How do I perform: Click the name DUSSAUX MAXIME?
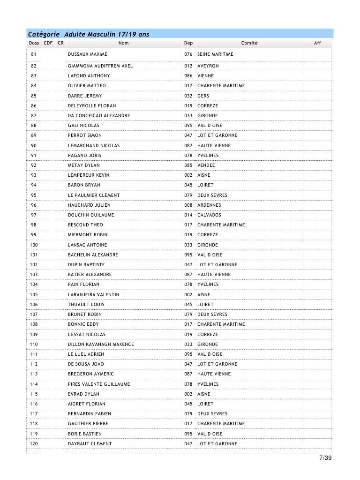coord(88,54)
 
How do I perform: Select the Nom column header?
coord(123,43)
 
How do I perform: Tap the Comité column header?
coord(249,43)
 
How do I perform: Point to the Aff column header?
coord(317,43)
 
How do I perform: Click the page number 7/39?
coord(324,458)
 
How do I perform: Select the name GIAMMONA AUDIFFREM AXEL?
coord(100,66)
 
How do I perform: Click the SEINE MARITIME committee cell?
coord(215,54)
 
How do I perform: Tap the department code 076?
coord(188,54)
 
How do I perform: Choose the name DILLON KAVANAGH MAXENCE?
coord(101,344)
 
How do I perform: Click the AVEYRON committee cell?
coord(208,66)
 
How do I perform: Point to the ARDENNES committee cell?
coord(209,205)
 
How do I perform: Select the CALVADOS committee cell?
coord(209,215)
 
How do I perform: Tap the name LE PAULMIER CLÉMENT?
coord(94,195)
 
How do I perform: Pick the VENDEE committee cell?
coord(206,165)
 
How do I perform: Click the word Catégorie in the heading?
coord(44,34)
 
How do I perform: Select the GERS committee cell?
coord(203,96)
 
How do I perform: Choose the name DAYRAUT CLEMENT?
coord(90,443)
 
